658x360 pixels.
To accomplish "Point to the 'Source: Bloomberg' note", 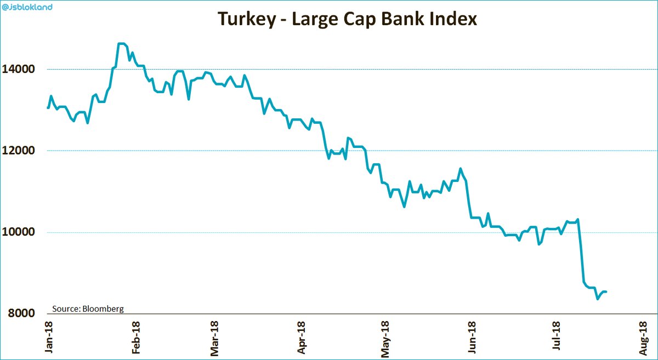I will pyautogui.click(x=88, y=308).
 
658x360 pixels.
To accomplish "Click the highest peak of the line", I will pyautogui.click(x=122, y=44).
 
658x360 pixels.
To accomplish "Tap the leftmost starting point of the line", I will pyautogui.click(x=48, y=108).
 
